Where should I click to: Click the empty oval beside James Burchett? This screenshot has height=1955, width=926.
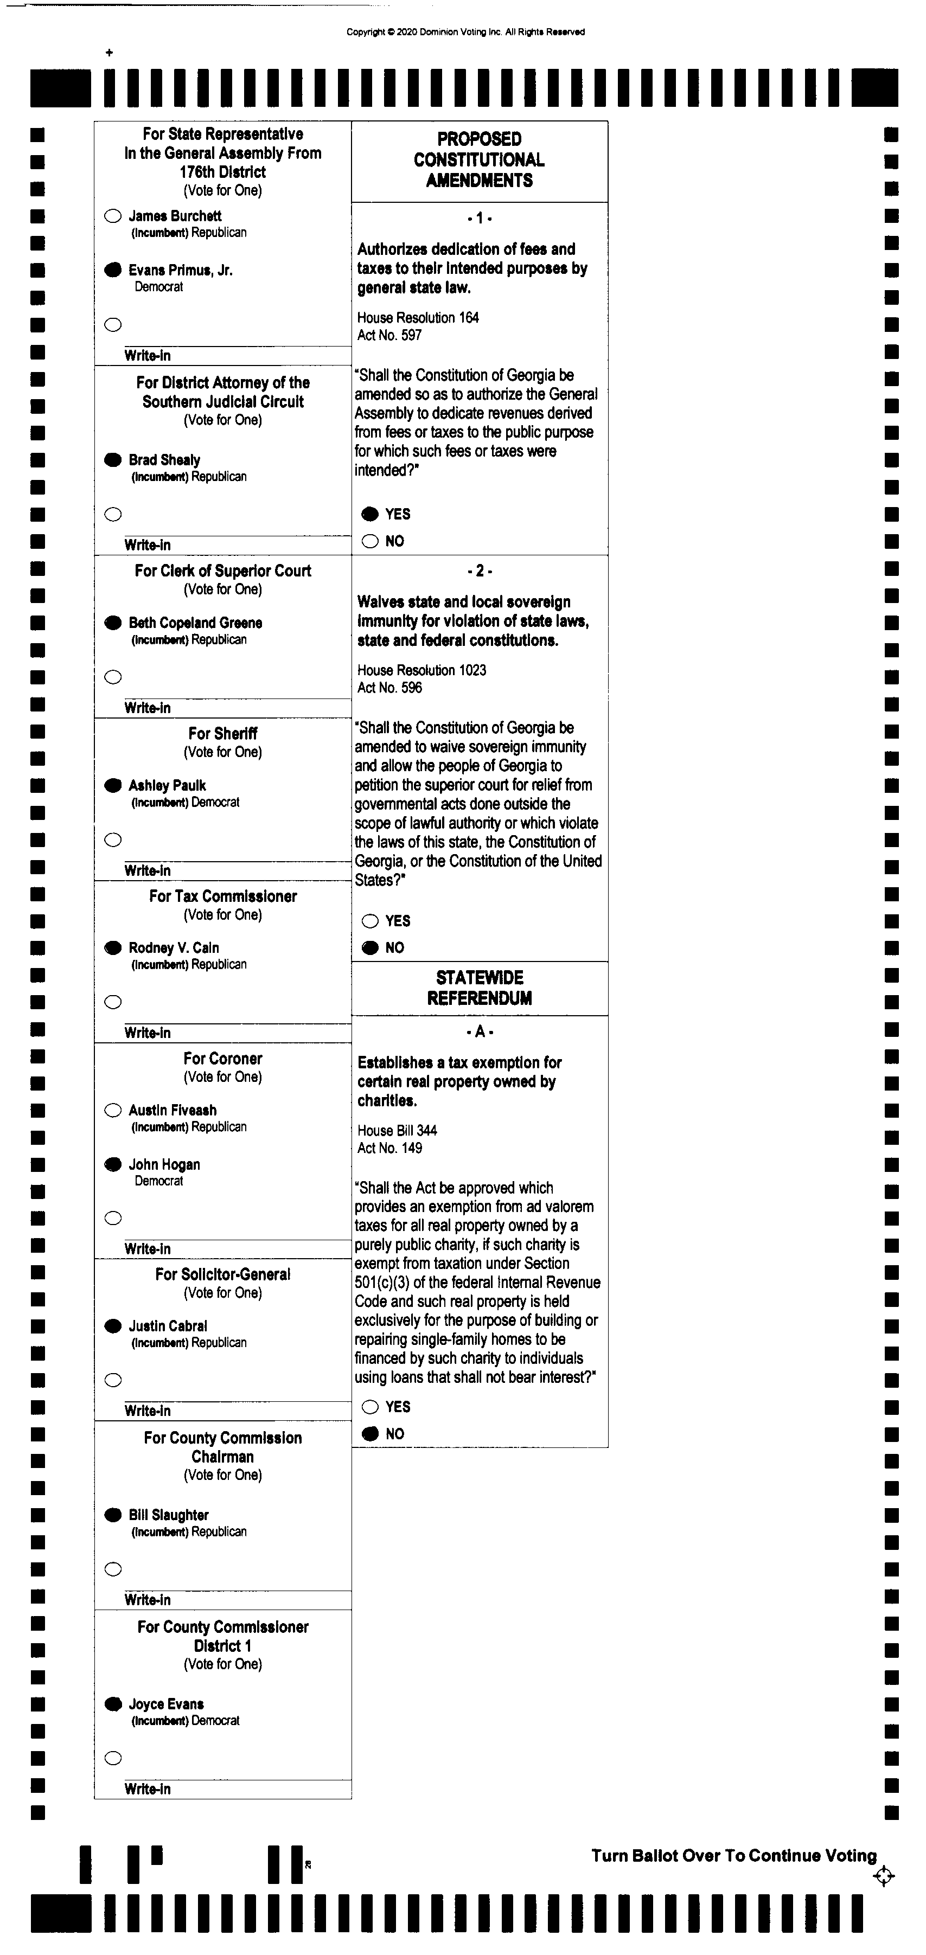coord(112,216)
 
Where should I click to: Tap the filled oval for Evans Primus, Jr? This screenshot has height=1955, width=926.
coord(112,270)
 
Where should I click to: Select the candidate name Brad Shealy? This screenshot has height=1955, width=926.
coord(164,460)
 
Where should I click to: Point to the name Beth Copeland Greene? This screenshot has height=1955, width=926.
coord(195,623)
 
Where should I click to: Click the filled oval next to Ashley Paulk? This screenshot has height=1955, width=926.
coord(112,785)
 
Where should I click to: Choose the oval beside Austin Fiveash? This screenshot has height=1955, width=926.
coord(112,1110)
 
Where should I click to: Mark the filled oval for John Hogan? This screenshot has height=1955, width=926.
coord(112,1164)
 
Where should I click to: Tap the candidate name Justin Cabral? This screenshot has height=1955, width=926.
coord(168,1326)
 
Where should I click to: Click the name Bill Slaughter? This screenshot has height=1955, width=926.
coord(169,1515)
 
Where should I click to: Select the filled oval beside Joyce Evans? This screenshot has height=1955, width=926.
coord(112,1704)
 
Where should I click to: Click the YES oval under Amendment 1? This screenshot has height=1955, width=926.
coord(369,514)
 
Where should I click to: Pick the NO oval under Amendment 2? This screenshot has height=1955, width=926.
coord(369,947)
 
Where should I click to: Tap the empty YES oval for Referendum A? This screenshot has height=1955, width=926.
coord(369,1407)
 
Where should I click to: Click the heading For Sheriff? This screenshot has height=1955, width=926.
coord(222,733)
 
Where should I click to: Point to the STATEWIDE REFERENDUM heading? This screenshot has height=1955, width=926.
coord(479,988)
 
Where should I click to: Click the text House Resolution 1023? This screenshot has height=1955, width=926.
coord(422,670)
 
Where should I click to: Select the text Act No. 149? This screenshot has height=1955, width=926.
coord(389,1148)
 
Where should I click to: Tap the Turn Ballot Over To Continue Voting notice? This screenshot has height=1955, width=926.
coord(733,1856)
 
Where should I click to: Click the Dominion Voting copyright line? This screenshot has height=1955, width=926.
coord(465,32)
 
